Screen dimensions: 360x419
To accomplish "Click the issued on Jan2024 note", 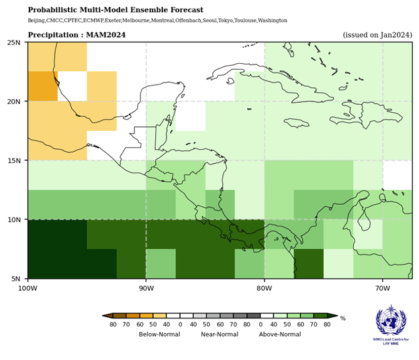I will [376, 34].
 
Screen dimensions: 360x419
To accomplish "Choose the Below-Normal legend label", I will [159, 334].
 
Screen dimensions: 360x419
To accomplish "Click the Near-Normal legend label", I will [221, 334].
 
